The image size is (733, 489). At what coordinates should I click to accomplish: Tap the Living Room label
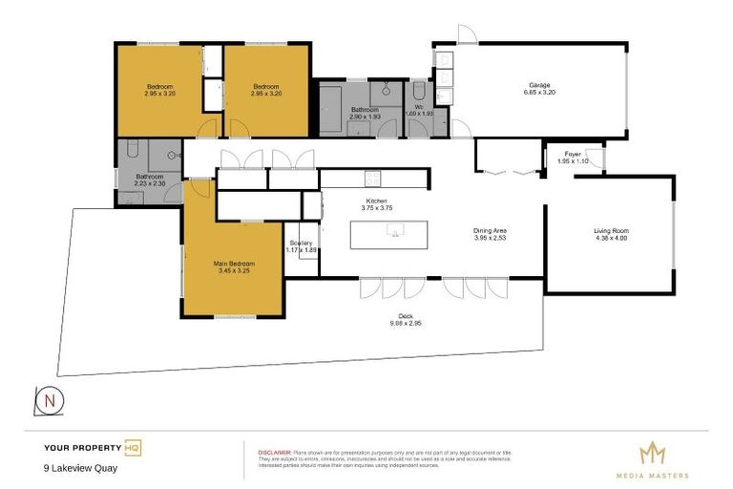(612, 230)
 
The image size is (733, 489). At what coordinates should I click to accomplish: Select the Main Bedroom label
(232, 263)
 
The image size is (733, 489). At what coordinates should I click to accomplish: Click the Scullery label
(301, 243)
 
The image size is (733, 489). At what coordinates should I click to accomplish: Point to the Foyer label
(573, 154)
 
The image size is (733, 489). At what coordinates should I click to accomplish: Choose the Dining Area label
(492, 230)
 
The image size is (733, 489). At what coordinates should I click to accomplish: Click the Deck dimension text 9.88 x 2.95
(406, 324)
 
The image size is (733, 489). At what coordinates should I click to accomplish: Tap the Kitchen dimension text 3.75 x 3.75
(376, 207)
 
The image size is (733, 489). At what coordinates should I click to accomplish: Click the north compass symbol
(49, 400)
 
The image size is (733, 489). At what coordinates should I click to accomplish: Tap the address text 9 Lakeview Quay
(80, 468)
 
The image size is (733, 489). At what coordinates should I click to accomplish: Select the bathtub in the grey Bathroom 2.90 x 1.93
(331, 100)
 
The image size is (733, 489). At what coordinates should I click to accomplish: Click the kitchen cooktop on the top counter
(372, 178)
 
